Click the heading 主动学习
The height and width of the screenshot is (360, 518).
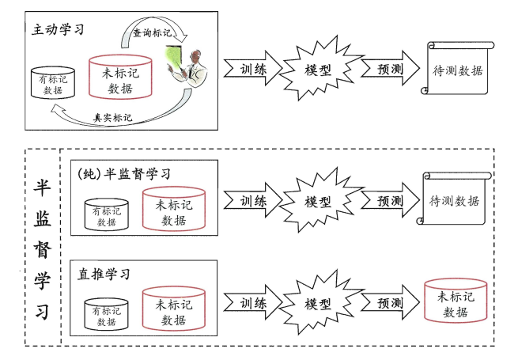[57, 30]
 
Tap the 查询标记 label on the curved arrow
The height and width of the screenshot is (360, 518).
[150, 33]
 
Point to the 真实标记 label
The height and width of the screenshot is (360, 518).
[112, 117]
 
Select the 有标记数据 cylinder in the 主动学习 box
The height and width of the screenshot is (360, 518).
[53, 82]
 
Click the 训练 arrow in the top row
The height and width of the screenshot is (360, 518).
[252, 70]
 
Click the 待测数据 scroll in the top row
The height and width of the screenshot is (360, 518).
[456, 70]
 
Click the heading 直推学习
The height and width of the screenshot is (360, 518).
[105, 274]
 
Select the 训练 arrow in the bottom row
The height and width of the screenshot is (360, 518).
[252, 303]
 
